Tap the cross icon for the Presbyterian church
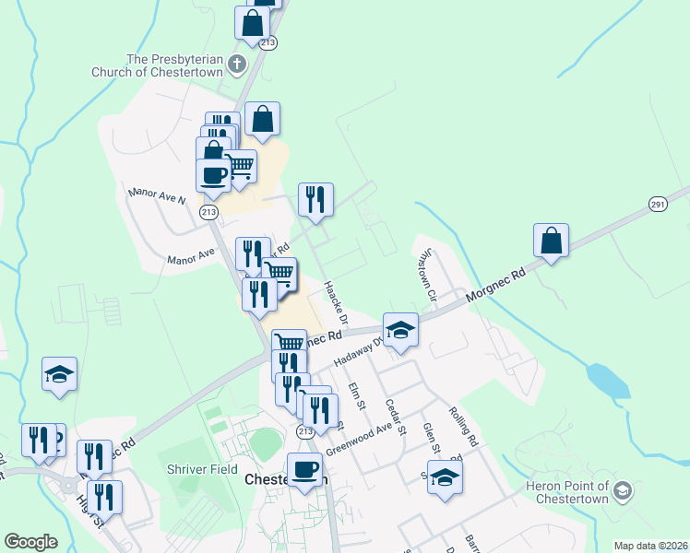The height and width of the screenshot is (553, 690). coord(236,65)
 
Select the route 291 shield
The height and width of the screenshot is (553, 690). coord(657,204)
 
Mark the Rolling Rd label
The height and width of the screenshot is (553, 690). coord(463,428)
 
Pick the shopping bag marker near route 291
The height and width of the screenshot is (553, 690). coord(551,241)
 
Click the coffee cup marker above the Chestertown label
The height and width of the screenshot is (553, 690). coord(304,469)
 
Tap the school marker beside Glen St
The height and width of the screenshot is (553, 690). coord(445,477)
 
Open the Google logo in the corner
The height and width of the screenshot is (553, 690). coord(30,541)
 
